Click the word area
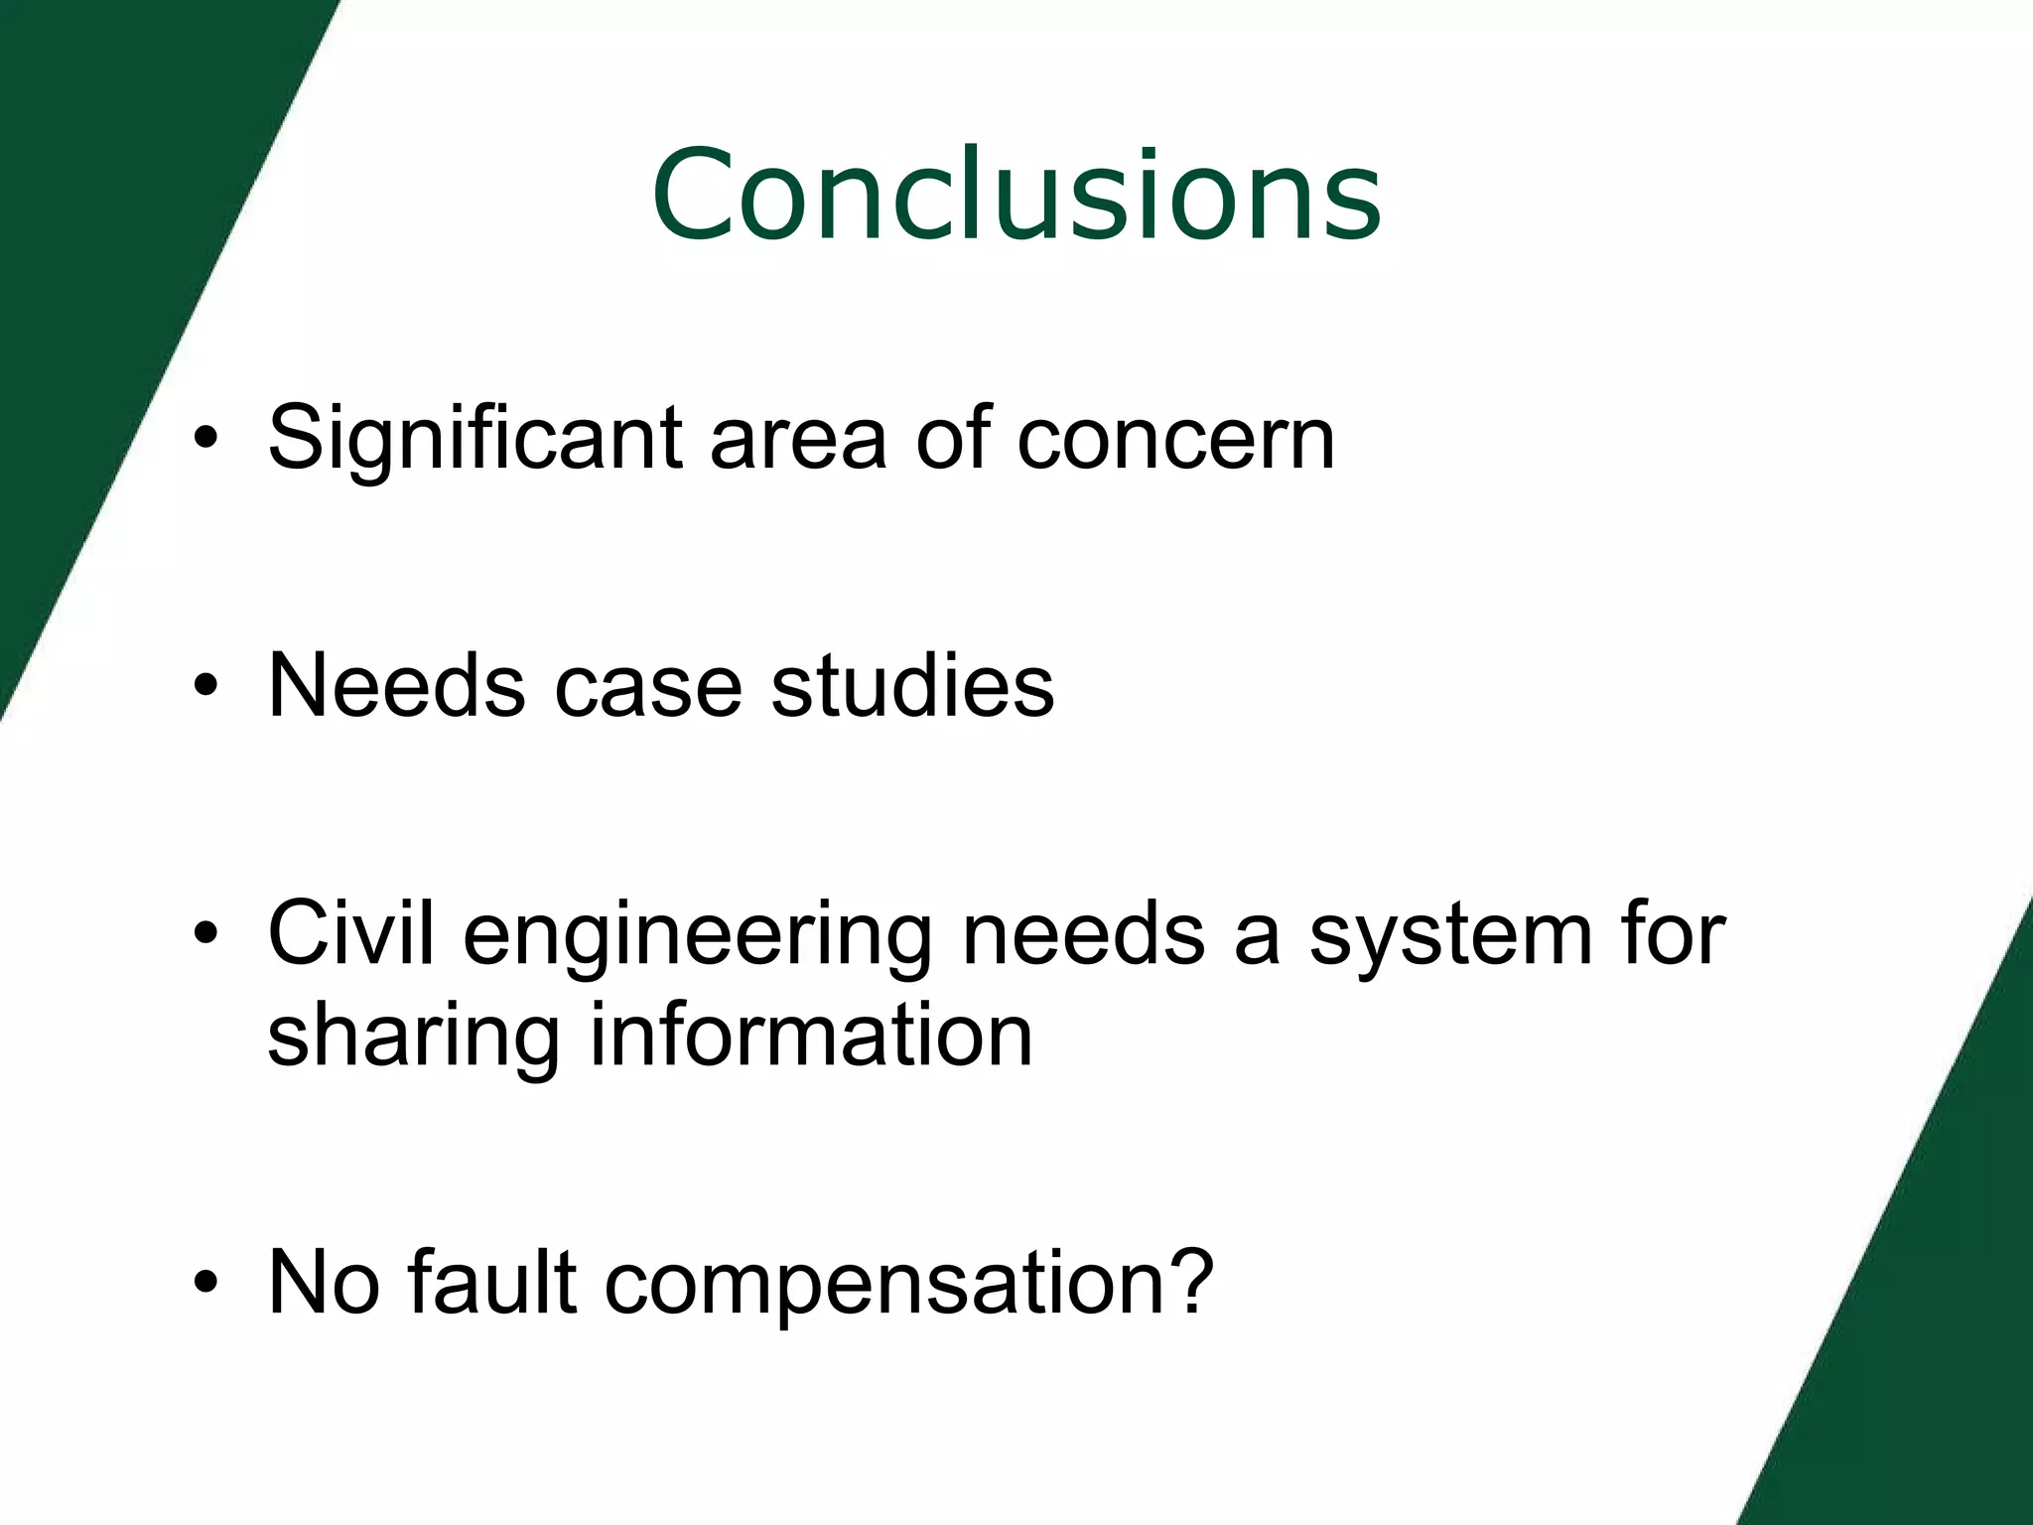click(797, 439)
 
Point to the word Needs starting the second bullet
click(396, 685)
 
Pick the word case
click(647, 685)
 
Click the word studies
click(912, 685)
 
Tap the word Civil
click(350, 933)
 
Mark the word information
click(811, 1034)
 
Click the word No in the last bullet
click(324, 1282)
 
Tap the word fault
click(491, 1282)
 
